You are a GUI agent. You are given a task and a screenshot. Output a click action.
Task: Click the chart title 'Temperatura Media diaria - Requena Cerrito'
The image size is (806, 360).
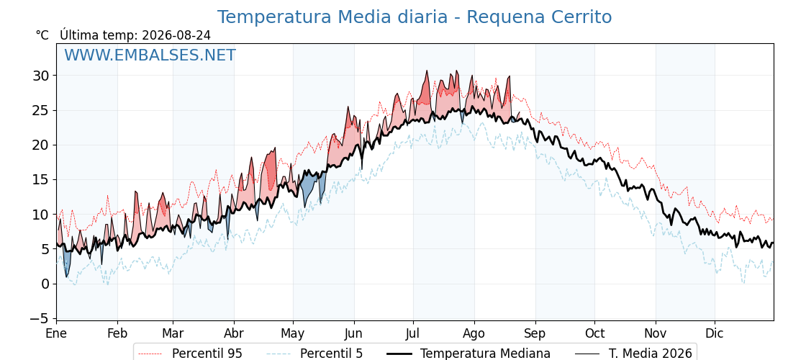click(x=415, y=17)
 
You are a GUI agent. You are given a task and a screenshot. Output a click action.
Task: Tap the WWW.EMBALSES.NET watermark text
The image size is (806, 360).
click(x=150, y=55)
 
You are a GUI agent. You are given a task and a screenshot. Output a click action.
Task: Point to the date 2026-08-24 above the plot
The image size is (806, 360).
click(x=176, y=35)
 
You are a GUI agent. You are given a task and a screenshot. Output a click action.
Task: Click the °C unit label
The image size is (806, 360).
click(x=42, y=35)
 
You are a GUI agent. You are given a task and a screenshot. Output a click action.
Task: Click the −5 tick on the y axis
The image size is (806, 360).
click(x=39, y=319)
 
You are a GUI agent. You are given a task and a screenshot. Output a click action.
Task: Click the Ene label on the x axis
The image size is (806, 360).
click(x=56, y=334)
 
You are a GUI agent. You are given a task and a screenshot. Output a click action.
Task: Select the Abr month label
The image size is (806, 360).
click(x=234, y=334)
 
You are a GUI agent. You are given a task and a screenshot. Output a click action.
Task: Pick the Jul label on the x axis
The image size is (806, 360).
click(x=413, y=334)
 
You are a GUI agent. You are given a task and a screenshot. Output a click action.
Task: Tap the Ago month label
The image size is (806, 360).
click(x=474, y=334)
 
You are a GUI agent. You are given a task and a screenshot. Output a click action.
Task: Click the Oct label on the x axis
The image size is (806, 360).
click(x=594, y=334)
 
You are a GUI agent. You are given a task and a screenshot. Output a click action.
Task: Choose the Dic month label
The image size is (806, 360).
click(x=715, y=334)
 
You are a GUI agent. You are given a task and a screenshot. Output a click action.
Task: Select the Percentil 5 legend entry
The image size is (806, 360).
click(x=315, y=354)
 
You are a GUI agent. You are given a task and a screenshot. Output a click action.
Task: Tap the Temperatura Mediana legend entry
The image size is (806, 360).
click(x=467, y=354)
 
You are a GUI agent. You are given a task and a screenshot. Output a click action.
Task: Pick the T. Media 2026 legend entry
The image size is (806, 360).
click(x=634, y=354)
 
